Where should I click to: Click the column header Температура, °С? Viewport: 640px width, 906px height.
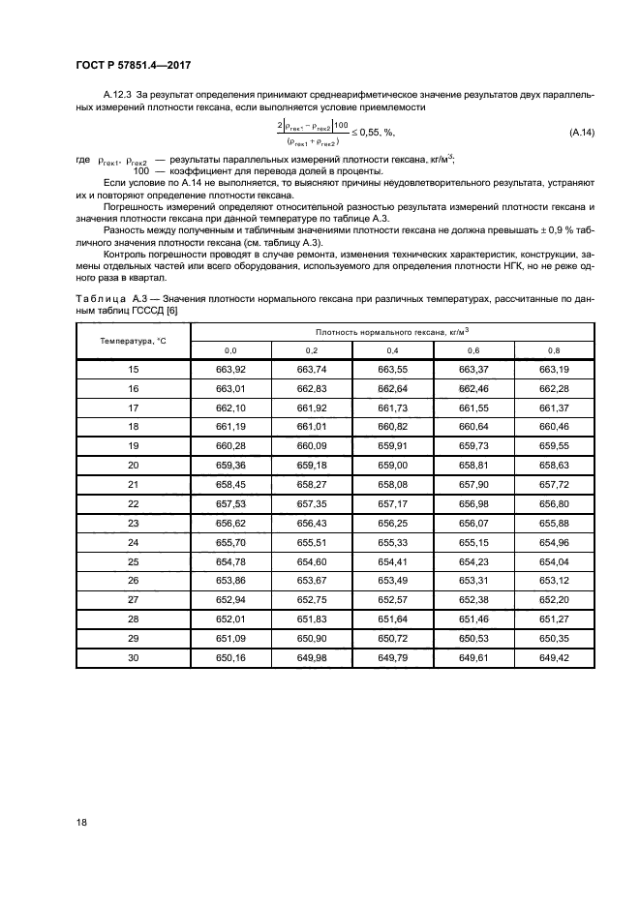tap(134, 341)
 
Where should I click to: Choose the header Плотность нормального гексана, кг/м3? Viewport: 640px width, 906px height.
tap(392, 331)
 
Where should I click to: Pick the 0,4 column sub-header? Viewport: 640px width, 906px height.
tap(392, 350)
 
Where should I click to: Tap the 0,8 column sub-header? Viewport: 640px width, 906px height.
tap(553, 350)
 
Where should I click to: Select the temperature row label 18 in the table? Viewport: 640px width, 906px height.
tap(134, 427)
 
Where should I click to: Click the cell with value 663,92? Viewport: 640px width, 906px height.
tap(231, 370)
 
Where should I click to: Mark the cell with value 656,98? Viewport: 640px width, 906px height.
tap(472, 503)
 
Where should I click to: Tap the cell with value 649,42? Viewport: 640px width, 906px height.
tap(553, 657)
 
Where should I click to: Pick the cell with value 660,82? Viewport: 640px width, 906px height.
tap(392, 427)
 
